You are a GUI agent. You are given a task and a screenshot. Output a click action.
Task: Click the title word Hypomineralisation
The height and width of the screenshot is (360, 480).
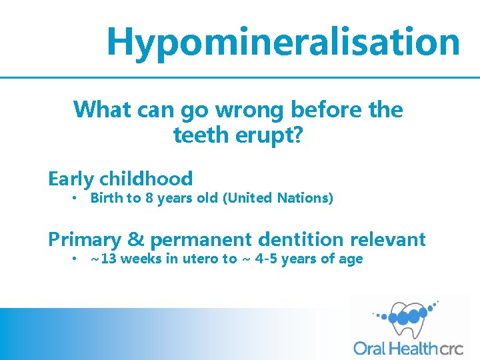[x=283, y=41]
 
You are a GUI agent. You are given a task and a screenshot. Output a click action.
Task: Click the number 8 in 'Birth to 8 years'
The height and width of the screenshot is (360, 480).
[x=149, y=198]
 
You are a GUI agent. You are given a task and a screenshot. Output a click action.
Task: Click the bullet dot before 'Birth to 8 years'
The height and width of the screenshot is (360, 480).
[x=76, y=199]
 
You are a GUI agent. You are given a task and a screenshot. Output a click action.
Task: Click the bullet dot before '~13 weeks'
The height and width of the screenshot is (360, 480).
[x=76, y=259]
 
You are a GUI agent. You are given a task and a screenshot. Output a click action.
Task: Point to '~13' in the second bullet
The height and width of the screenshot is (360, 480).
[x=103, y=259]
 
